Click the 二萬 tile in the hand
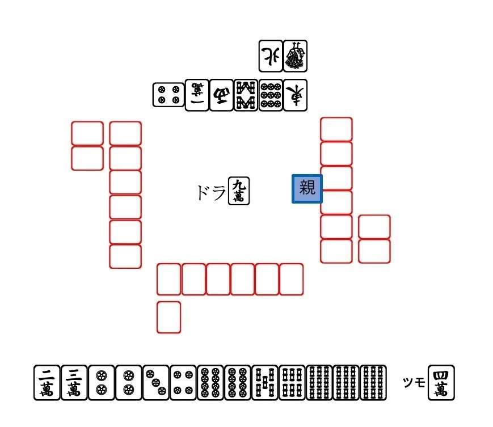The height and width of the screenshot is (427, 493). (47, 382)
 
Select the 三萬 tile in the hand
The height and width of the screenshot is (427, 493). (74, 382)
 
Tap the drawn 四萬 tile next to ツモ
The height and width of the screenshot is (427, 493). (441, 382)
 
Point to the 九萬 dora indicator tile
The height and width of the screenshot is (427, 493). (239, 191)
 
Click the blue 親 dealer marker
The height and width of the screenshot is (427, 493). (307, 188)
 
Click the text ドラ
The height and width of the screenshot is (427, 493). (211, 192)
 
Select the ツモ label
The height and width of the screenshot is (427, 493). (414, 382)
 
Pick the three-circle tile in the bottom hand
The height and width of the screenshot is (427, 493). (156, 382)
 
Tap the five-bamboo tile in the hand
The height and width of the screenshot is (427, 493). (265, 382)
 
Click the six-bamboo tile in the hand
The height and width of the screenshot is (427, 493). (292, 382)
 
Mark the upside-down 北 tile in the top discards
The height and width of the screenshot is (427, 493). (271, 56)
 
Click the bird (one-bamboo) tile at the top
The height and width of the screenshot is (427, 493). (295, 56)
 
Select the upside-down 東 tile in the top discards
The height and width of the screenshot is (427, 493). (295, 95)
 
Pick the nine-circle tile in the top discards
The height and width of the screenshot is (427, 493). (271, 95)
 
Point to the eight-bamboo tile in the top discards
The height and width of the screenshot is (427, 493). (246, 95)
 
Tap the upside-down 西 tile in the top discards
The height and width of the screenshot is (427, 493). (221, 95)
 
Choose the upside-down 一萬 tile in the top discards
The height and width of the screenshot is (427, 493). (197, 95)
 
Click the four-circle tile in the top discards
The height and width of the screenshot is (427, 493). (168, 95)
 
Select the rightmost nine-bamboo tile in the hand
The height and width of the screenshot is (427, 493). (373, 382)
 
